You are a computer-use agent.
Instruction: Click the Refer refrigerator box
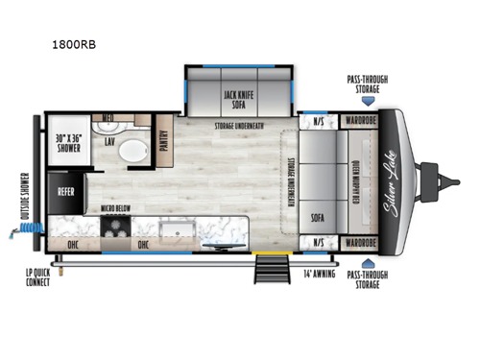click(x=67, y=191)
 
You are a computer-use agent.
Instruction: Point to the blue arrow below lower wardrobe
click(x=364, y=259)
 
